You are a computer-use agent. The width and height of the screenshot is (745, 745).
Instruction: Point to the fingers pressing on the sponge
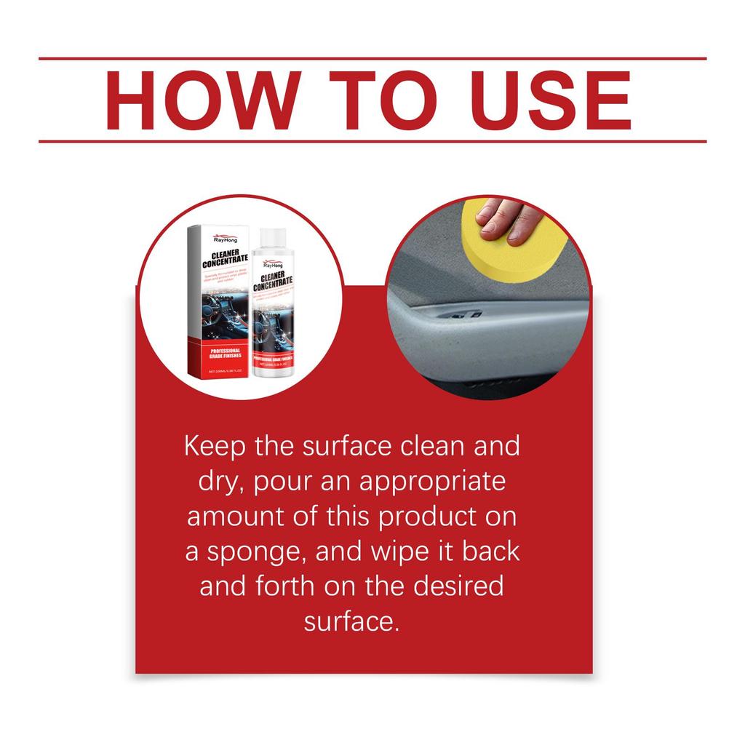coord(509,218)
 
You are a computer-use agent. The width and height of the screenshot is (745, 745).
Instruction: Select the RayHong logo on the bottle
coord(271,266)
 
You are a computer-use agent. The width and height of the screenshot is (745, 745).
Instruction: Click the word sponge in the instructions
coord(252,551)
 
